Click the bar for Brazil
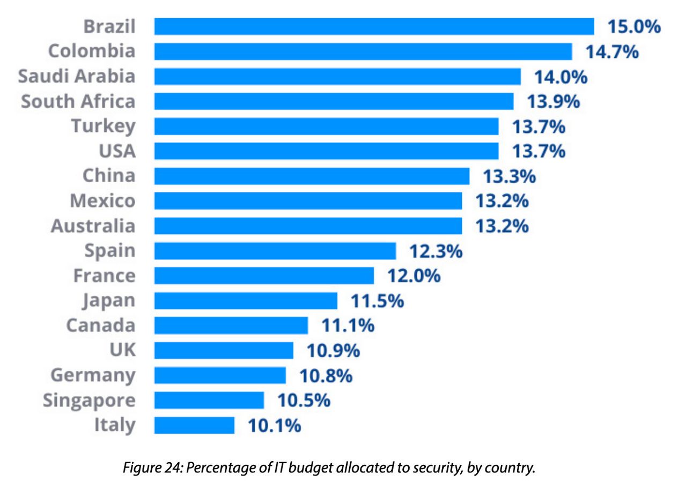pyautogui.click(x=374, y=26)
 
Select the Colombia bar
pyautogui.click(x=363, y=51)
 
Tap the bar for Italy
pyautogui.click(x=194, y=426)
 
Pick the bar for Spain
pyautogui.click(x=275, y=251)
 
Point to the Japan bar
pyautogui.click(x=246, y=301)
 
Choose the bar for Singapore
pyautogui.click(x=209, y=401)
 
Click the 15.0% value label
pyautogui.click(x=633, y=27)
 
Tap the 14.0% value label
pyautogui.click(x=561, y=77)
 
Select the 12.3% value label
pyautogui.click(x=436, y=251)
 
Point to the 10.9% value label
pyautogui.click(x=333, y=351)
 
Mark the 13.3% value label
pyautogui.click(x=509, y=176)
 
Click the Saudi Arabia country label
pyautogui.click(x=77, y=76)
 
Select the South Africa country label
pyautogui.click(x=78, y=101)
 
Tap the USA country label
pyautogui.click(x=117, y=151)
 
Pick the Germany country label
pyautogui.click(x=93, y=375)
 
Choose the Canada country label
pyautogui.click(x=101, y=325)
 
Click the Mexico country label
pyautogui.click(x=102, y=201)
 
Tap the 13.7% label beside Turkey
pyautogui.click(x=539, y=127)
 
